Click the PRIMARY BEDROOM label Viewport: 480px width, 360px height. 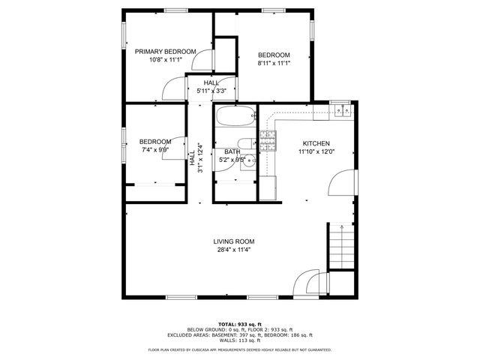(165, 52)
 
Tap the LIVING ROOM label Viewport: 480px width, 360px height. (233, 241)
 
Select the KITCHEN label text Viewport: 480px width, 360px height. (316, 143)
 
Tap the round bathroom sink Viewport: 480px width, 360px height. (250, 160)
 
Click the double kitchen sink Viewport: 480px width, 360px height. (343, 111)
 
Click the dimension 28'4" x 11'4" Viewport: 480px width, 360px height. (233, 250)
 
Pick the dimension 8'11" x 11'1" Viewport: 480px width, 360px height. (274, 64)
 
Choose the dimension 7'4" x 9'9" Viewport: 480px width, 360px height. (154, 149)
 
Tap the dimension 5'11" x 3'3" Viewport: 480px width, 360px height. (211, 91)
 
